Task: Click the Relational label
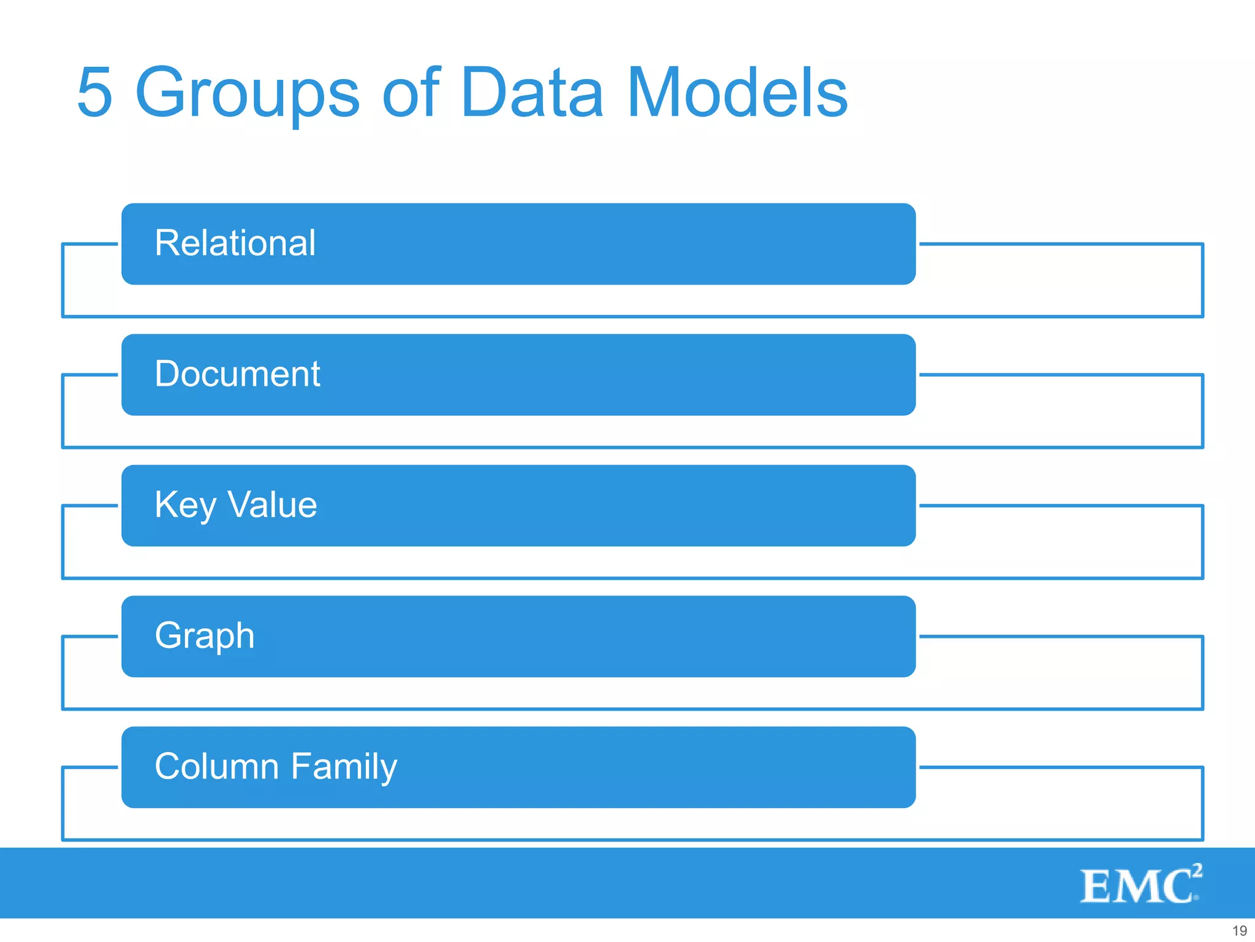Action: [x=235, y=243]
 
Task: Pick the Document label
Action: [x=237, y=373]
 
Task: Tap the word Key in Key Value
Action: [x=185, y=505]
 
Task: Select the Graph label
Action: [x=205, y=636]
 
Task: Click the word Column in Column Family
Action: [x=217, y=767]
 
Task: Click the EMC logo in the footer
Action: [x=1140, y=884]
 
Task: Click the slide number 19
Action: [x=1239, y=930]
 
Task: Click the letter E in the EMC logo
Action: [x=1096, y=887]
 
